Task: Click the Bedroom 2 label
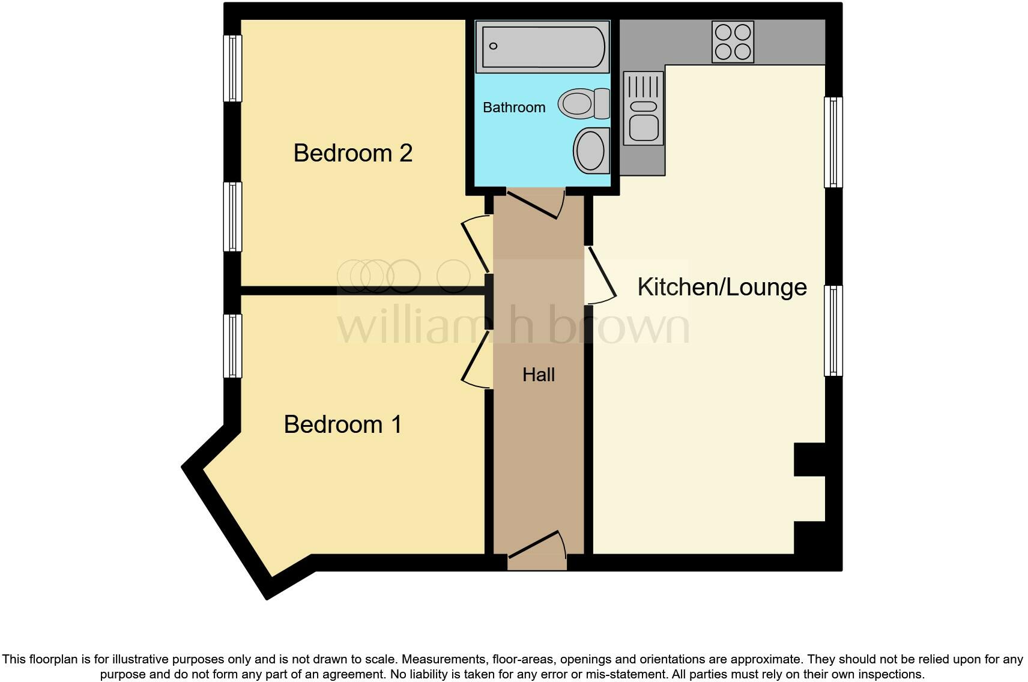pyautogui.click(x=352, y=153)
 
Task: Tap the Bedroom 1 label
pyautogui.click(x=342, y=424)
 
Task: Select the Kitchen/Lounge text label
pyautogui.click(x=721, y=287)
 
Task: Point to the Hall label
pyautogui.click(x=538, y=375)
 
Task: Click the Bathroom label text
pyautogui.click(x=514, y=107)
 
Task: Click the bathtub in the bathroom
pyautogui.click(x=542, y=46)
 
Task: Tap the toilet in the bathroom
pyautogui.click(x=583, y=103)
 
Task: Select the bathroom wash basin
pyautogui.click(x=591, y=149)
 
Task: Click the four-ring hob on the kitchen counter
pyautogui.click(x=733, y=41)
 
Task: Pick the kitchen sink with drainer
pyautogui.click(x=644, y=109)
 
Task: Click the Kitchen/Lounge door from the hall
pyautogui.click(x=601, y=276)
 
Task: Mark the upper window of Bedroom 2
pyautogui.click(x=232, y=68)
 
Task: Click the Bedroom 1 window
pyautogui.click(x=232, y=346)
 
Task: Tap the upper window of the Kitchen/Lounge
pyautogui.click(x=833, y=142)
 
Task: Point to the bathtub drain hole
pyautogui.click(x=494, y=46)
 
